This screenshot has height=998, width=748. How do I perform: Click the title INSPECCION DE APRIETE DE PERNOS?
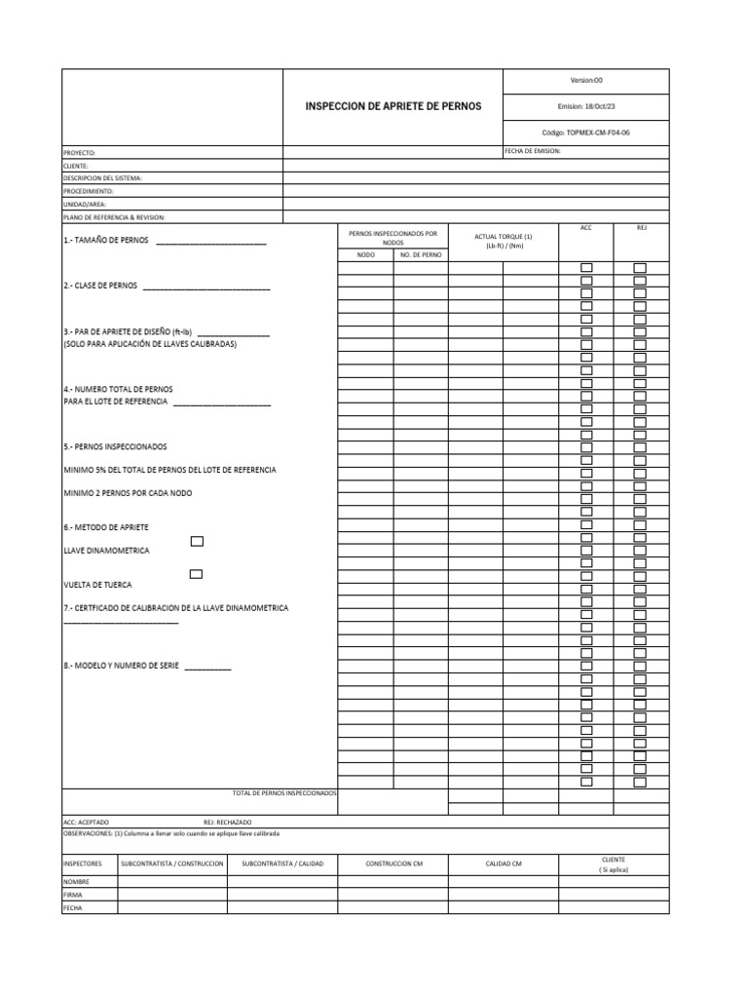[x=393, y=105]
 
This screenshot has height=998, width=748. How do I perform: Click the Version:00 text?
[x=586, y=81]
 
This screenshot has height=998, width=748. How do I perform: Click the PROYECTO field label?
[x=80, y=153]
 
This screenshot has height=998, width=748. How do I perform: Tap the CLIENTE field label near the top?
[x=76, y=166]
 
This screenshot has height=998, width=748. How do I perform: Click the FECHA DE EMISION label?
[x=533, y=152]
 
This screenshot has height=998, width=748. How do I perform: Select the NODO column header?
[x=365, y=254]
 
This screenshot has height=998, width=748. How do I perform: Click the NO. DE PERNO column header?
[x=421, y=254]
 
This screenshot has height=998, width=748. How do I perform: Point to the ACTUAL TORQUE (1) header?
[x=503, y=238]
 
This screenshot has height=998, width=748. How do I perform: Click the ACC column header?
[x=585, y=227]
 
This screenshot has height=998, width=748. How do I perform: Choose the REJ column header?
[x=641, y=227]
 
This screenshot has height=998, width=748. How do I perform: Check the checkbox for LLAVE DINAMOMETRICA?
[x=197, y=541]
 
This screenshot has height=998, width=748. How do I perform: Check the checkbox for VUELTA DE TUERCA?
[x=197, y=574]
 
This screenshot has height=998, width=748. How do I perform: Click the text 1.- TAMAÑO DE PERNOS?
[x=106, y=240]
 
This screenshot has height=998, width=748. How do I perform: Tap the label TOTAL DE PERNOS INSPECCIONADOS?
[x=284, y=793]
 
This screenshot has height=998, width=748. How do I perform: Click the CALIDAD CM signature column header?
[x=504, y=864]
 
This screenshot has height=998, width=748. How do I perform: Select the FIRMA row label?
[x=73, y=894]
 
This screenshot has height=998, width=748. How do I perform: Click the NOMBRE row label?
[x=76, y=881]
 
